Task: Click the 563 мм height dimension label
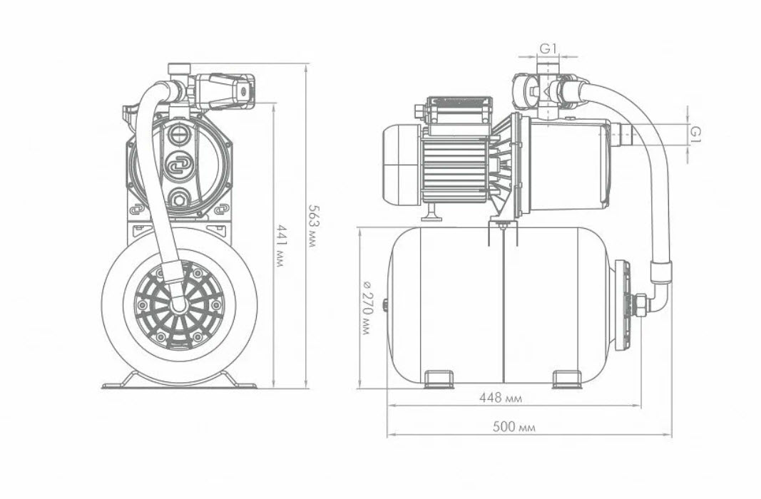[313, 226]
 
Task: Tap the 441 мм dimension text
[280, 245]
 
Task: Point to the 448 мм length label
[501, 398]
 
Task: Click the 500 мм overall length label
[514, 427]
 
